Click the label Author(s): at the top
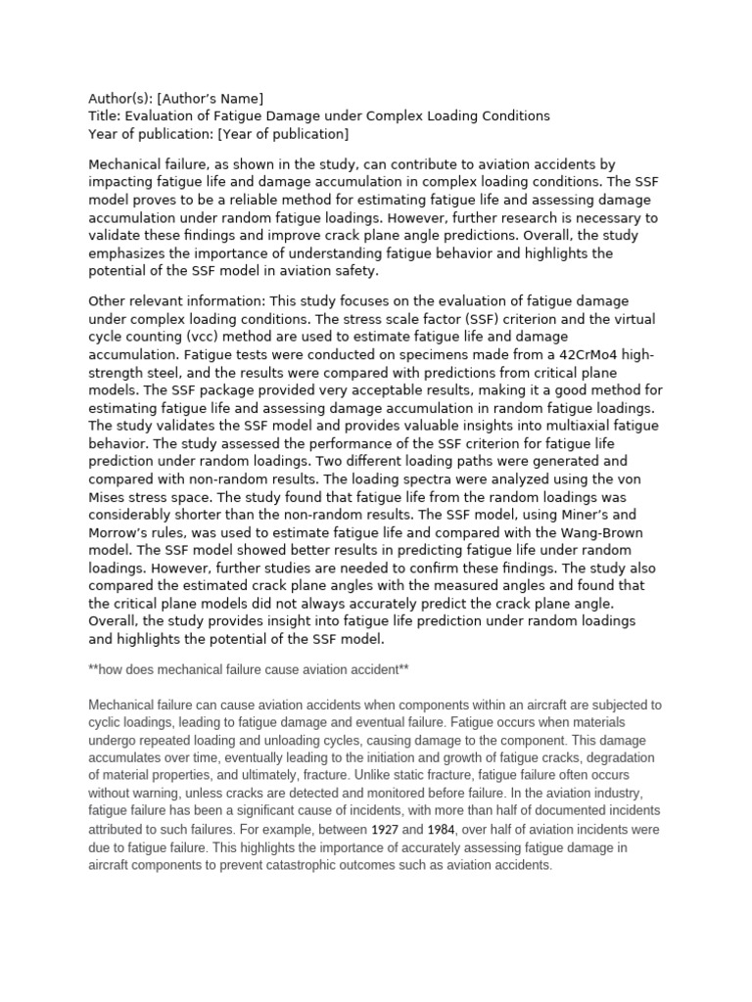(120, 98)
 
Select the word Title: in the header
(105, 115)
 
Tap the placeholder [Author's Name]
(211, 98)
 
